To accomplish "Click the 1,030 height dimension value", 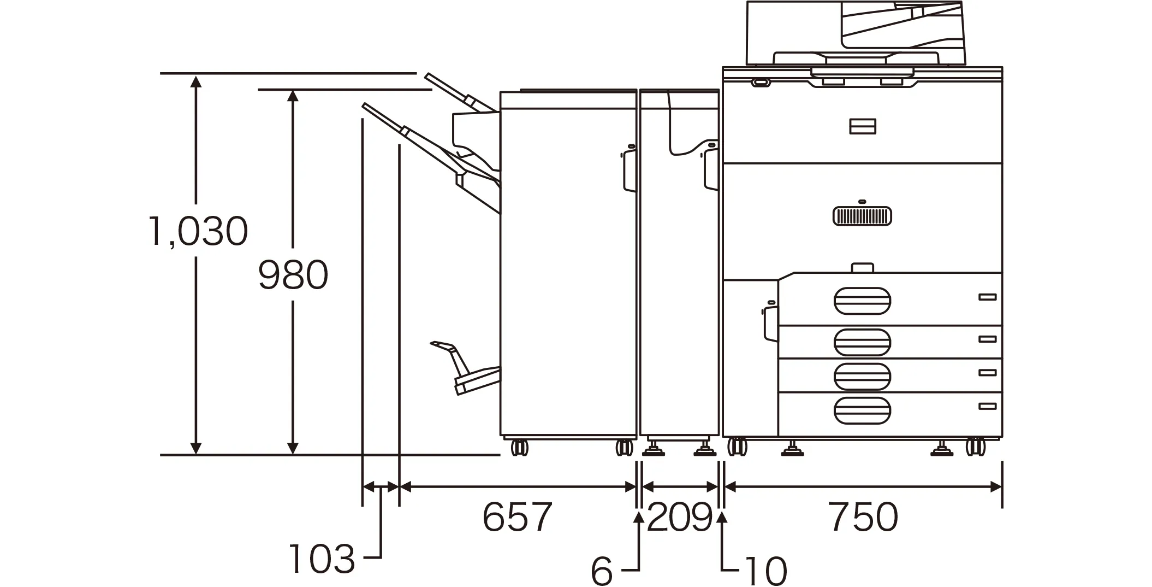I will pyautogui.click(x=198, y=231).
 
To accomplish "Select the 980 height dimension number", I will pyautogui.click(x=293, y=275).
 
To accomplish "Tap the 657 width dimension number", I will pyautogui.click(x=517, y=517).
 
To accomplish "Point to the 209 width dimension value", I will pyautogui.click(x=680, y=517).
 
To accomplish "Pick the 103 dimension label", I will pyautogui.click(x=322, y=559).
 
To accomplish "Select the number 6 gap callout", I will pyautogui.click(x=602, y=571).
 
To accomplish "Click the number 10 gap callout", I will pyautogui.click(x=766, y=571).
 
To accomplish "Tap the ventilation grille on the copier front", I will pyautogui.click(x=862, y=216).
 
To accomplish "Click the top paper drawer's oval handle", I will pyautogui.click(x=862, y=301).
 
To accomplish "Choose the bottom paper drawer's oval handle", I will pyautogui.click(x=862, y=410).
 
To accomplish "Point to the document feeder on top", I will pyautogui.click(x=855, y=33).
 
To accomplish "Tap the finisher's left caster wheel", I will pyautogui.click(x=519, y=448).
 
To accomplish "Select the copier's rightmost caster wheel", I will pyautogui.click(x=976, y=447).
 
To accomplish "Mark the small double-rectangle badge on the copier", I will pyautogui.click(x=863, y=126).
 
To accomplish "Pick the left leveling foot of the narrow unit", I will pyautogui.click(x=653, y=450).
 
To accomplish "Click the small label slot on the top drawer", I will pyautogui.click(x=987, y=297).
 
